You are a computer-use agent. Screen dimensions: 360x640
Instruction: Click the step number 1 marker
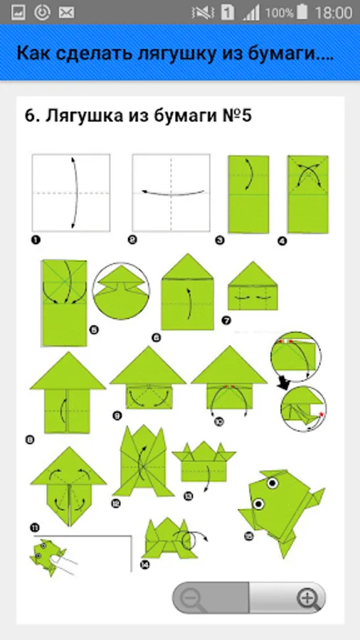36,240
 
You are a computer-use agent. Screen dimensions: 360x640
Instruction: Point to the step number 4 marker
282,241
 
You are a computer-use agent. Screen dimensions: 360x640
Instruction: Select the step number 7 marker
226,321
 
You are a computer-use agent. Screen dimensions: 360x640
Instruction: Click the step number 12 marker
115,504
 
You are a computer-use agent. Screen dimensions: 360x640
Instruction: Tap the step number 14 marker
144,565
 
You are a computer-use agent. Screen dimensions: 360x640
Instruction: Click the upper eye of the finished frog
272,484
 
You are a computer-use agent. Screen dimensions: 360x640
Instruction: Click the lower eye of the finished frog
258,503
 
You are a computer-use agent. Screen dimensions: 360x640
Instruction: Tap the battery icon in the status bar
302,12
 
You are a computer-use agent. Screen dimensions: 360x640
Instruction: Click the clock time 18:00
334,13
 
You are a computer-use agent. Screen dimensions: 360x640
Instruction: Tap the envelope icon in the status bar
66,13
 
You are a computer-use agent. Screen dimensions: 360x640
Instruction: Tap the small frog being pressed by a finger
47,557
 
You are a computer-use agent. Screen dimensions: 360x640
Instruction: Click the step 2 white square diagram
171,193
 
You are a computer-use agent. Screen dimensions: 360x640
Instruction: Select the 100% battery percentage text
280,13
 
